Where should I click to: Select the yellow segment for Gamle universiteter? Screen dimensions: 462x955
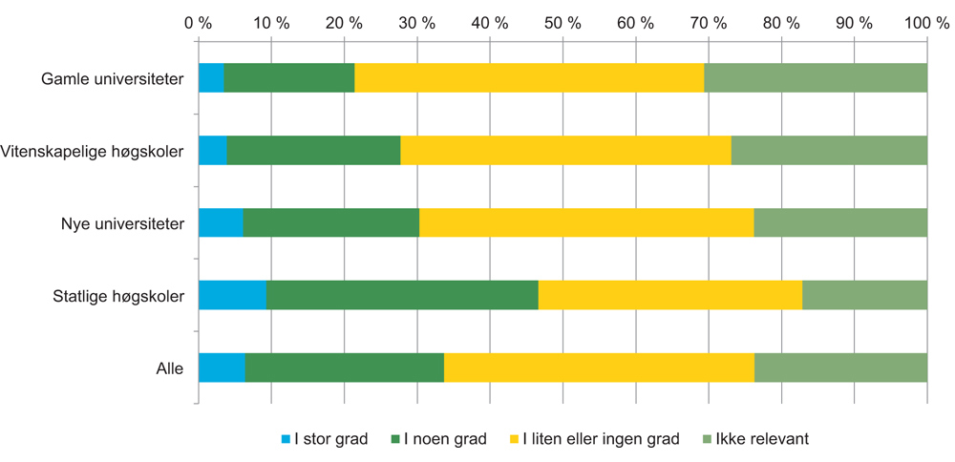tap(529, 78)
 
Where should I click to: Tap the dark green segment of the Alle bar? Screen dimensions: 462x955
tap(344, 367)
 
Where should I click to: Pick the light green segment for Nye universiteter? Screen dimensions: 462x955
tap(840, 222)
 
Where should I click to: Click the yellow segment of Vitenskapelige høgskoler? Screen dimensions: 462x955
tap(565, 151)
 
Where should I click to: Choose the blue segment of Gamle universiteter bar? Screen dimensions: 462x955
tap(211, 78)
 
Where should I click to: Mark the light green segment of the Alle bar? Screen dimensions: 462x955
tap(840, 367)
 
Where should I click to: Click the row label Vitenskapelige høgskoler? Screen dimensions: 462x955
tap(93, 151)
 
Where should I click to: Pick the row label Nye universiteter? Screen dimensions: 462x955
tap(121, 222)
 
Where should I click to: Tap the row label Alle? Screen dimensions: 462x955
tap(169, 367)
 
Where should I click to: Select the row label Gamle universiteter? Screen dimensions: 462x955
tap(113, 78)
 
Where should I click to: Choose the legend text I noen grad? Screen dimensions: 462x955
tap(445, 439)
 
